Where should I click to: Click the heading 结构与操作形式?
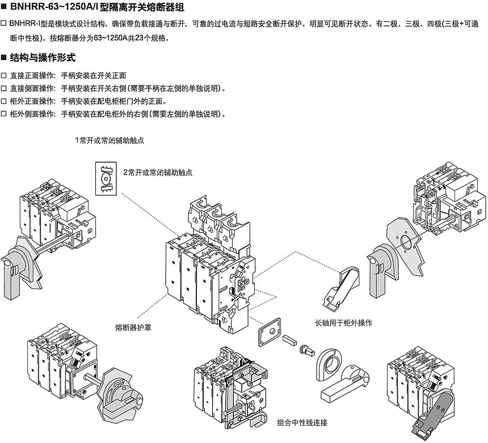click(43, 58)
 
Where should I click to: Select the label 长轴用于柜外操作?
click(344, 322)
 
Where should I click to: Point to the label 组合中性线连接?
click(302, 423)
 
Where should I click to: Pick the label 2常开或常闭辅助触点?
click(158, 172)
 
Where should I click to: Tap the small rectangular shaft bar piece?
click(289, 340)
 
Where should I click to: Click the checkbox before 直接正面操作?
click(4, 75)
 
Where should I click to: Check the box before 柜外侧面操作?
click(4, 114)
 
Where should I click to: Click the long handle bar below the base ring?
click(347, 386)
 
